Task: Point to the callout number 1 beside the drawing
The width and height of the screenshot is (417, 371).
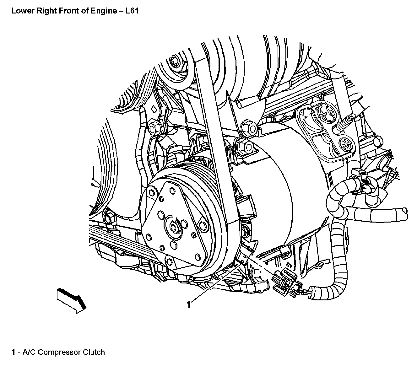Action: (188, 304)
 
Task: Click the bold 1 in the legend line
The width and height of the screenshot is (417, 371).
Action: (14, 352)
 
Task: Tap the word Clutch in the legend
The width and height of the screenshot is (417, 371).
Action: (94, 352)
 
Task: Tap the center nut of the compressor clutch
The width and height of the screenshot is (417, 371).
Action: (173, 226)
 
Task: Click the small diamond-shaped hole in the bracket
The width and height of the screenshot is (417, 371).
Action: (154, 109)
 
